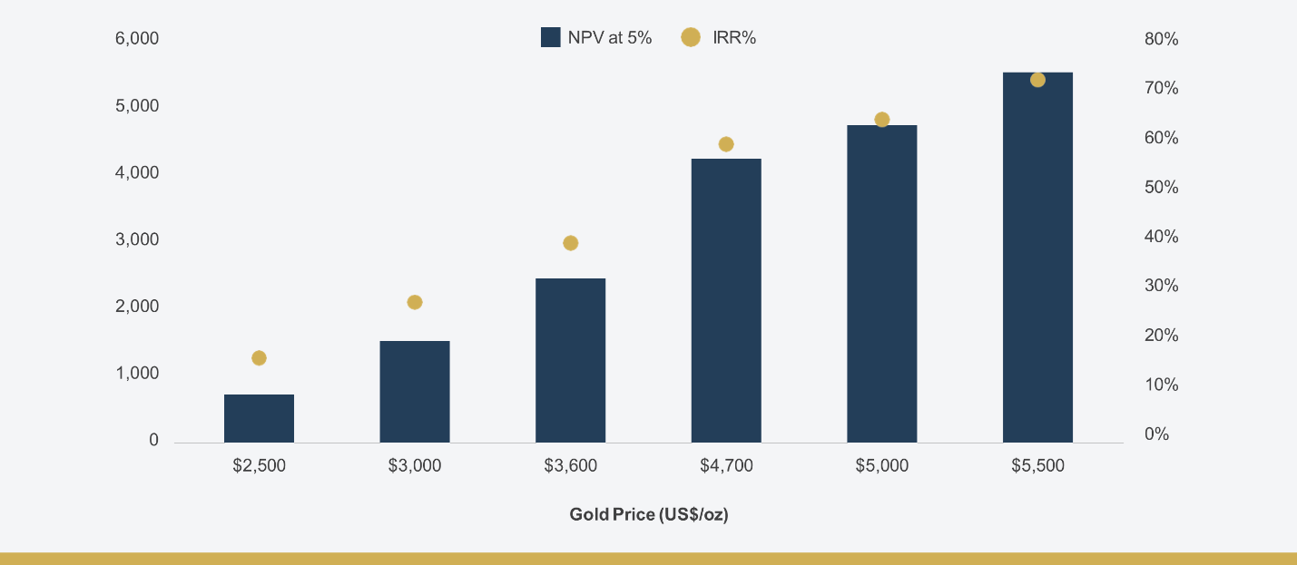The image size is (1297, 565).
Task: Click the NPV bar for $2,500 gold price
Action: point(259,418)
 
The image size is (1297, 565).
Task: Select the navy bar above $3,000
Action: point(415,392)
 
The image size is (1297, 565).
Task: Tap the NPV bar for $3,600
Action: point(570,360)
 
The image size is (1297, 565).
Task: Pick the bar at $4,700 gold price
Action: point(726,301)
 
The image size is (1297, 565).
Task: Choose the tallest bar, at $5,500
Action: point(1037,258)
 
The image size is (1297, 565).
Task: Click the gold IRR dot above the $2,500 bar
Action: point(259,358)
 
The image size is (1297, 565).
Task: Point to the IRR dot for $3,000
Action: point(415,302)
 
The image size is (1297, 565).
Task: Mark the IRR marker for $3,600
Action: point(570,243)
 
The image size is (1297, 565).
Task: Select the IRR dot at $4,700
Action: point(726,144)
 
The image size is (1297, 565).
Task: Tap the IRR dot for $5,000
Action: point(882,119)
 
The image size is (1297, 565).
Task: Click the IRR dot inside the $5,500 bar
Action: point(1037,80)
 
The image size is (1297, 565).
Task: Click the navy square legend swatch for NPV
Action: point(551,37)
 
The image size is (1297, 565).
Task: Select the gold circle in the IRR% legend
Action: point(690,37)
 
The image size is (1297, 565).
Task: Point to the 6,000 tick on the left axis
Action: point(137,38)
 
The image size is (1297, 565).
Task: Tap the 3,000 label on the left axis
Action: point(137,239)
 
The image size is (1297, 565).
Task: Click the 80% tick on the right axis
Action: point(1162,39)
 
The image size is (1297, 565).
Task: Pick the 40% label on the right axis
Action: point(1162,237)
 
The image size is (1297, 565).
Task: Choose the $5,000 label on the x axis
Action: point(882,465)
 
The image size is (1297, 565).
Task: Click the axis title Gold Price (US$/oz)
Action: point(648,514)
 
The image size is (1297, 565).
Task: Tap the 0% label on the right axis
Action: point(1157,433)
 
